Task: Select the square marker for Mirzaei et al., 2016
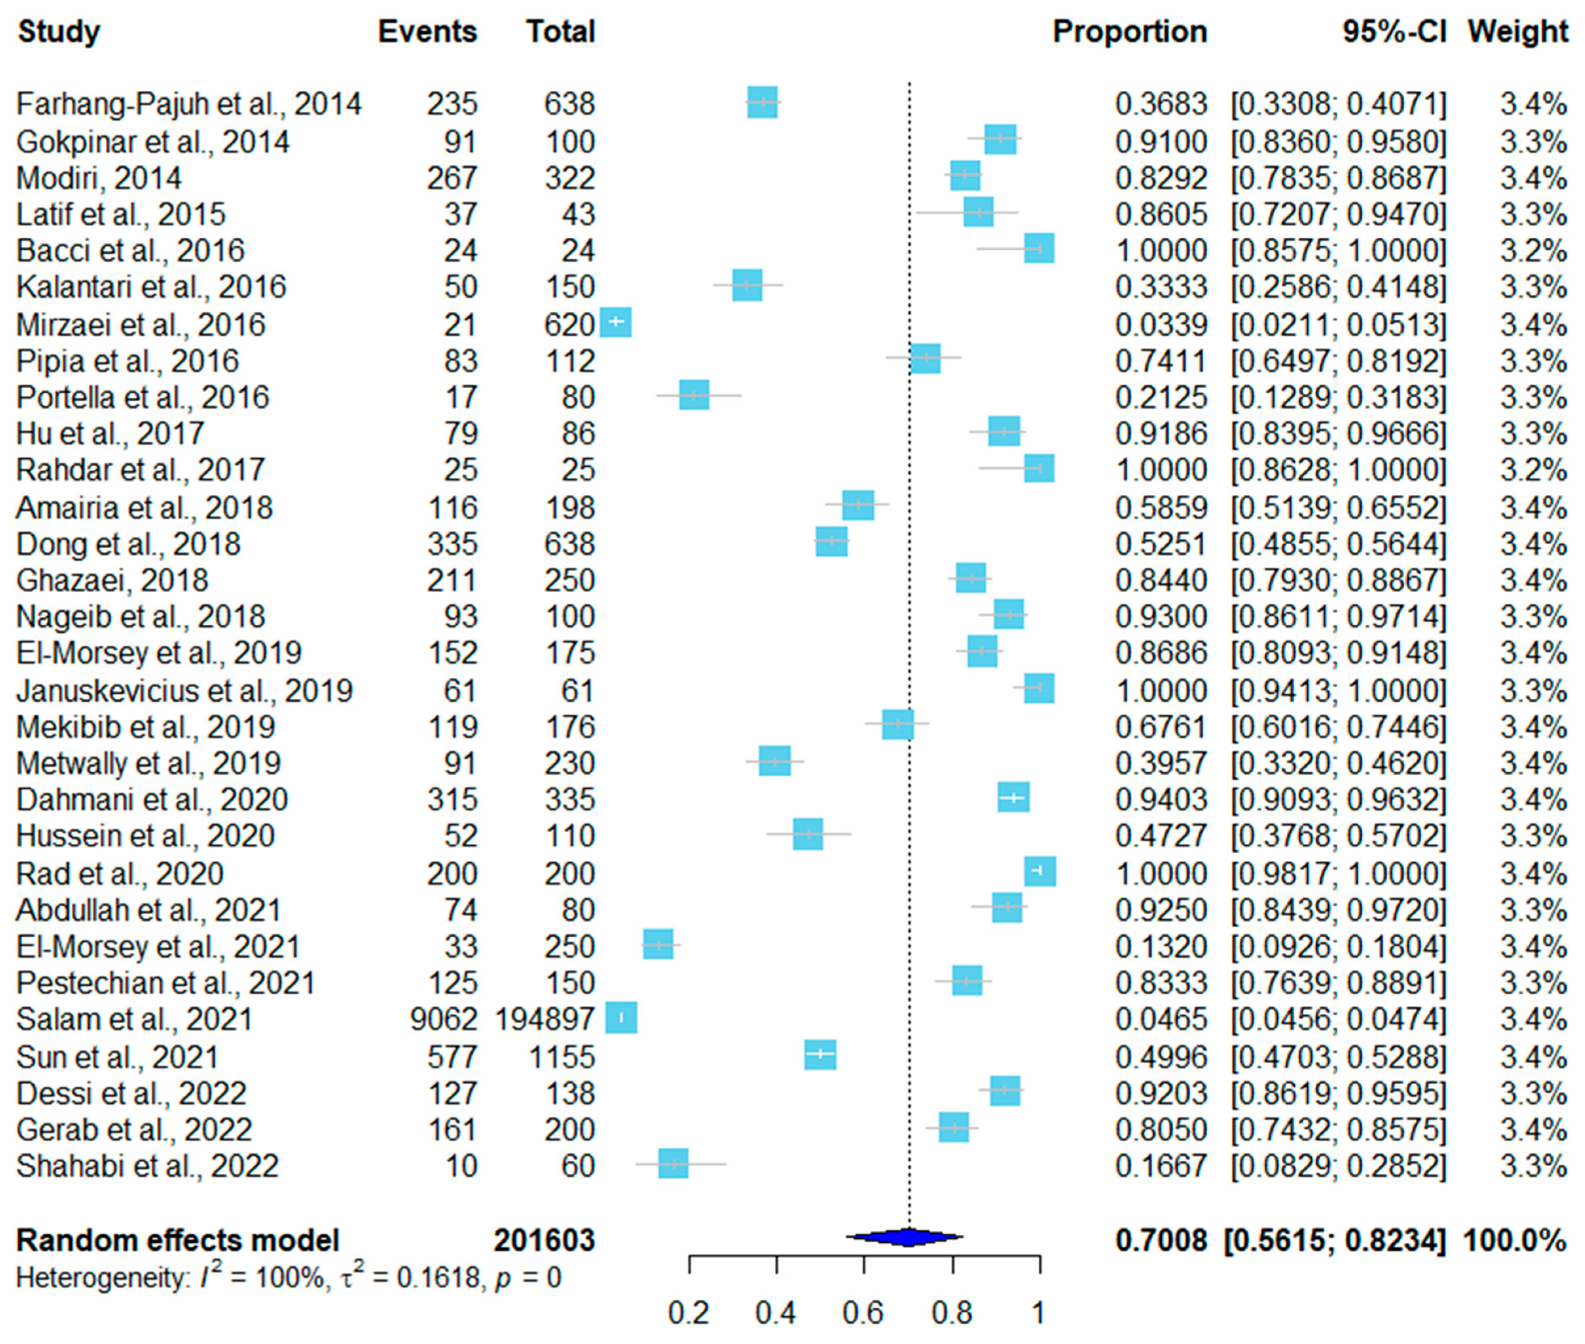click(x=616, y=323)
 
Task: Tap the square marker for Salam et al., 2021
click(x=621, y=1018)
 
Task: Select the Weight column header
click(x=1517, y=32)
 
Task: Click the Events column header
click(x=427, y=32)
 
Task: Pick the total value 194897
click(x=544, y=1019)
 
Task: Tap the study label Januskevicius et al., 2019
click(x=184, y=691)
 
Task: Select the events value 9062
click(x=443, y=1019)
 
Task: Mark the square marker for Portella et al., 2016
click(x=694, y=394)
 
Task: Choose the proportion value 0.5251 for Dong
click(x=1160, y=545)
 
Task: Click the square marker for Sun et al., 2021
click(x=820, y=1054)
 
